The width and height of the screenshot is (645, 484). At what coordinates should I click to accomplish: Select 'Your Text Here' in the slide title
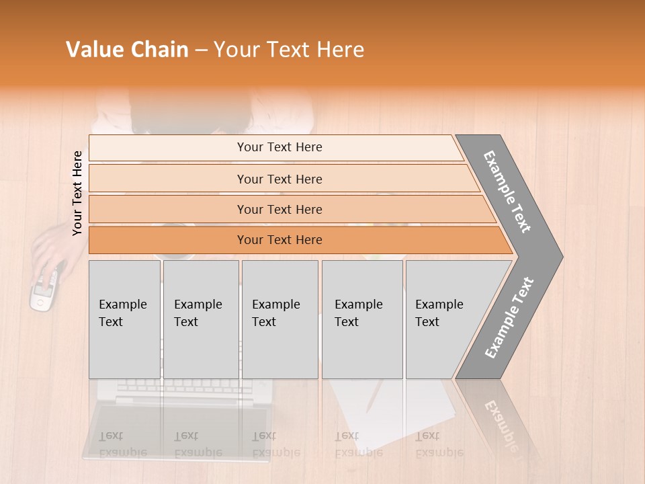[x=289, y=50]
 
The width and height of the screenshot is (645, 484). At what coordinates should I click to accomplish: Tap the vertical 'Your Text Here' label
[x=77, y=193]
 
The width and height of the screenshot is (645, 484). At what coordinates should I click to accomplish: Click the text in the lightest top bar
[x=279, y=147]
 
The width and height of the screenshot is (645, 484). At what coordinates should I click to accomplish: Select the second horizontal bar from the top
[x=279, y=179]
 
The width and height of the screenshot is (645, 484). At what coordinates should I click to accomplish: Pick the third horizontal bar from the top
[x=279, y=209]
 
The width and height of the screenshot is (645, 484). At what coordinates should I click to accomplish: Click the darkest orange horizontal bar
[x=279, y=240]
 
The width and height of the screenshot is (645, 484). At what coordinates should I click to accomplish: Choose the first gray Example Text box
[x=124, y=319]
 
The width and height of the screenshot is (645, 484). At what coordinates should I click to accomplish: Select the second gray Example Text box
[x=200, y=319]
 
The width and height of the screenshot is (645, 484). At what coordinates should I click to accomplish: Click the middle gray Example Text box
[x=279, y=319]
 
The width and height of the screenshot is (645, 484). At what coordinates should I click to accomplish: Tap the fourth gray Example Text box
[x=361, y=319]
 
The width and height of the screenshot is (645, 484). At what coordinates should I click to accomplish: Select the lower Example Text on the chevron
[x=509, y=317]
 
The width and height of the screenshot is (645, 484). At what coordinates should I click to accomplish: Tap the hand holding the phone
[x=50, y=252]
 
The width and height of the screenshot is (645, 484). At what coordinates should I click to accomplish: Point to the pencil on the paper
[x=374, y=397]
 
